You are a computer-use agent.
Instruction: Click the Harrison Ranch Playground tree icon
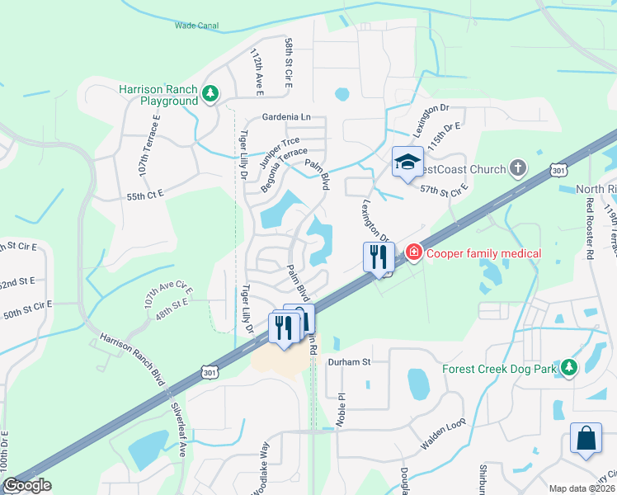(x=211, y=94)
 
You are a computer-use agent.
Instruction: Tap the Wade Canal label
(x=195, y=26)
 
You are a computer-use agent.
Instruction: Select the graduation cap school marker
(x=407, y=162)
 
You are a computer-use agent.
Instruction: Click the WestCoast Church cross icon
(x=517, y=168)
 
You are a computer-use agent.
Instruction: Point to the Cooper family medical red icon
(x=413, y=252)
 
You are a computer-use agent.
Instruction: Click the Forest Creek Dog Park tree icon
(x=569, y=368)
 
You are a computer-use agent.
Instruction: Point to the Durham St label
(x=351, y=361)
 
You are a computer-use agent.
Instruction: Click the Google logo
(x=26, y=485)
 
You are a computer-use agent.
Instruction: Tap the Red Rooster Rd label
(x=590, y=229)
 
